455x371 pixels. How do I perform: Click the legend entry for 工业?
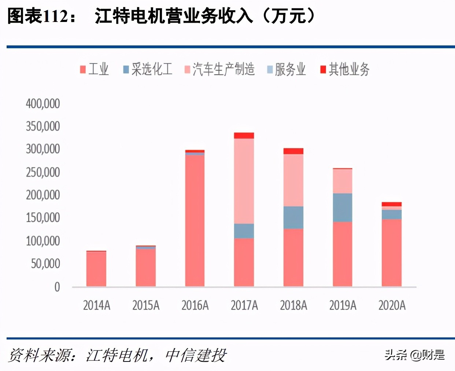pyautogui.click(x=95, y=69)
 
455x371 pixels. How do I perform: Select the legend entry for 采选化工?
pyautogui.click(x=148, y=69)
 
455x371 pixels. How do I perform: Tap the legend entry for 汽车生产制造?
pyautogui.click(x=219, y=69)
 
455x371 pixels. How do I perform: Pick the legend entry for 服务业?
pyautogui.click(x=286, y=69)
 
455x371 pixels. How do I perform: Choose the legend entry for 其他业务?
pyautogui.click(x=345, y=69)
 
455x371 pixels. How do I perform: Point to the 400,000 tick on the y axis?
pyautogui.click(x=43, y=104)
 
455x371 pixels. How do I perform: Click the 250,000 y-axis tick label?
pyautogui.click(x=43, y=172)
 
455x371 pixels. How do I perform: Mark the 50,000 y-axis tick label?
pyautogui.click(x=45, y=263)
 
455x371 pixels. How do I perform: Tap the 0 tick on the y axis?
pyautogui.click(x=57, y=287)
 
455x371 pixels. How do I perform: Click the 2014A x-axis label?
pyautogui.click(x=96, y=305)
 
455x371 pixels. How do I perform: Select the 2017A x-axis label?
pyautogui.click(x=244, y=305)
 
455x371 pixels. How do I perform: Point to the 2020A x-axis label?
pyautogui.click(x=392, y=305)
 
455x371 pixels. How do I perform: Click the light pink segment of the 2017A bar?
pyautogui.click(x=244, y=181)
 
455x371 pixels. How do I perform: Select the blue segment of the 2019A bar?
pyautogui.click(x=343, y=207)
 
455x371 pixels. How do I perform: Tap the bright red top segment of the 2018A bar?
pyautogui.click(x=293, y=151)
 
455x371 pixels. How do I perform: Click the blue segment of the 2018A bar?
pyautogui.click(x=293, y=217)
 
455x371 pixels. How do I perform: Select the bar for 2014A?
pyautogui.click(x=96, y=269)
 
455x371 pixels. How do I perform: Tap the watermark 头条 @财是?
pyautogui.click(x=414, y=355)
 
